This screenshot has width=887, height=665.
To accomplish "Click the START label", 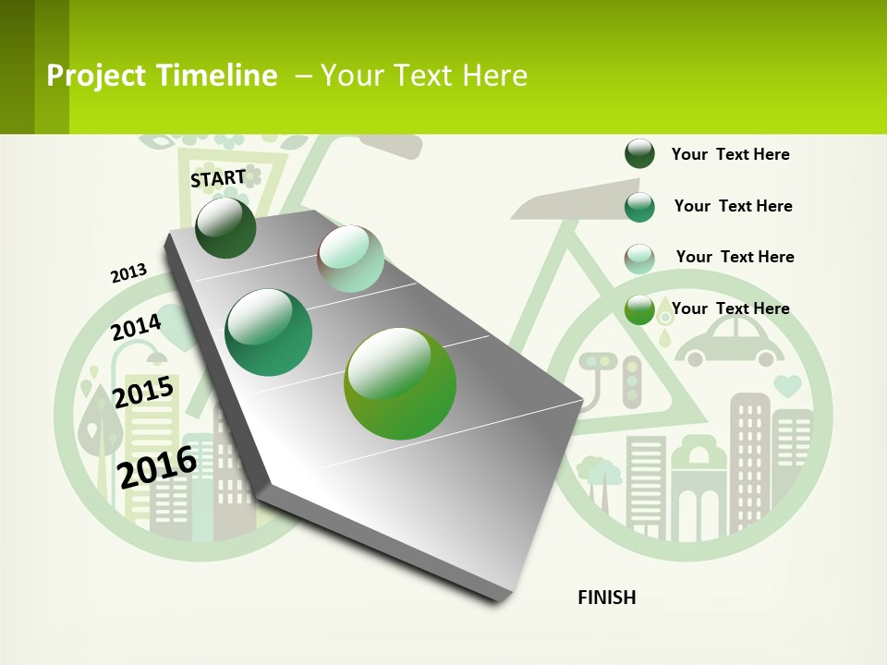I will (x=218, y=178).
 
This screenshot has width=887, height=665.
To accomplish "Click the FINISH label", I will (x=607, y=598).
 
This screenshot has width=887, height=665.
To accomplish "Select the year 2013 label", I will (x=128, y=273).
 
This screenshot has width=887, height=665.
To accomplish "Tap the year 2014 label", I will (x=136, y=328).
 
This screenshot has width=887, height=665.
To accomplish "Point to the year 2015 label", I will (x=143, y=393).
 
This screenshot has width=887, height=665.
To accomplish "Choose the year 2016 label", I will (x=157, y=466).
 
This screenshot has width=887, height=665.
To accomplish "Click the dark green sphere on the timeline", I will (x=225, y=227).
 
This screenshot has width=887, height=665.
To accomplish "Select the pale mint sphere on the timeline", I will (x=350, y=259).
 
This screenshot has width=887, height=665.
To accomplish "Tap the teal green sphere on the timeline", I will (x=269, y=332).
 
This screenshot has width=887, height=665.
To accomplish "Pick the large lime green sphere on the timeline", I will (x=400, y=383).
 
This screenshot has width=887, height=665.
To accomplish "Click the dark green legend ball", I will (x=639, y=154).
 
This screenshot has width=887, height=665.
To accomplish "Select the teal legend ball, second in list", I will (x=639, y=207).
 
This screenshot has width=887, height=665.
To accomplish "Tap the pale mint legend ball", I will (x=639, y=259).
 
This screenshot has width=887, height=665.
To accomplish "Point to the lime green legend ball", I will (x=639, y=309).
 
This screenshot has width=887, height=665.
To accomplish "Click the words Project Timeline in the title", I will (x=162, y=76).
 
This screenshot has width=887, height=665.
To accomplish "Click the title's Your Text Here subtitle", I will (x=423, y=76).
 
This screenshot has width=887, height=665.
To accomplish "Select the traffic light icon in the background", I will (x=632, y=381).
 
